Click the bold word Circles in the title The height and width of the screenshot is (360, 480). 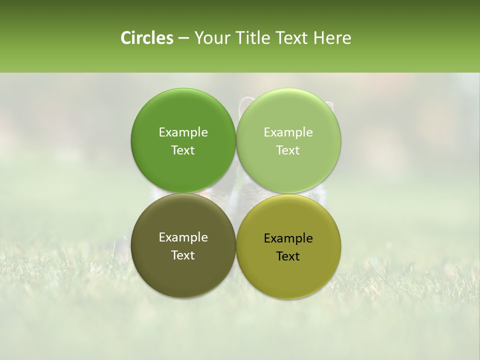[146, 38]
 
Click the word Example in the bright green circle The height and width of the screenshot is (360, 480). [183, 132]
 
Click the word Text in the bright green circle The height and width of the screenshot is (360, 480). [183, 150]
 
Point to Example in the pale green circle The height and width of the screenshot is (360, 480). [288, 132]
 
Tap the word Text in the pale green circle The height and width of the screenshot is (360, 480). [288, 150]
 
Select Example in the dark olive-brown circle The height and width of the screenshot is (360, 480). [183, 237]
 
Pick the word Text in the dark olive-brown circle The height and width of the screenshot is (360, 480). [183, 255]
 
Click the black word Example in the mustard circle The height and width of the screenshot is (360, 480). [288, 238]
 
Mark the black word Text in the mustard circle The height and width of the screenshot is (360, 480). [288, 256]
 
